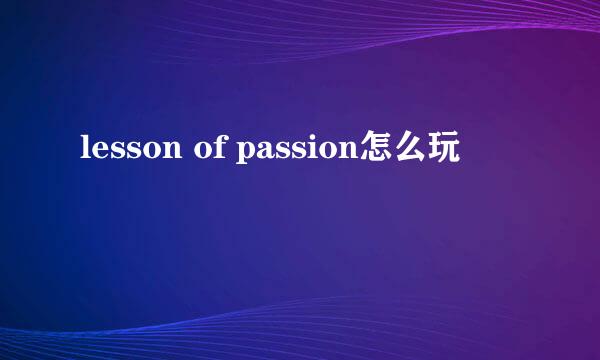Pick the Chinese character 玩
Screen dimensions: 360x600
[444, 150]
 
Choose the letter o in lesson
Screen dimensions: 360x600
[150, 152]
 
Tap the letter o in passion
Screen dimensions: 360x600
[326, 152]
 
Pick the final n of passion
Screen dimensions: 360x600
[346, 152]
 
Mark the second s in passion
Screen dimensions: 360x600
[296, 152]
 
